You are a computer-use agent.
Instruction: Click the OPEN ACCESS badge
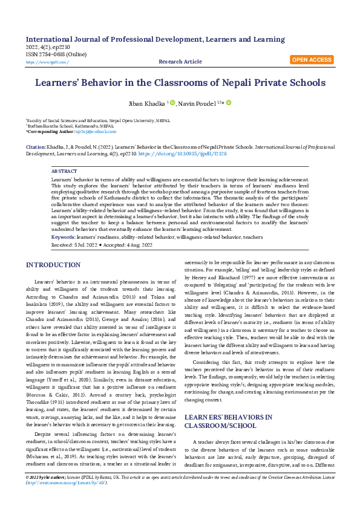coord(312,60)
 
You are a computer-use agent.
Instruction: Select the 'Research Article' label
coord(180,62)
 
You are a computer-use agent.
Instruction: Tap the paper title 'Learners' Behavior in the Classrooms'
coord(180,83)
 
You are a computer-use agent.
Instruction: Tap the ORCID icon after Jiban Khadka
coord(172,103)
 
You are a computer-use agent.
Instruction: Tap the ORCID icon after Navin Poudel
coord(229,103)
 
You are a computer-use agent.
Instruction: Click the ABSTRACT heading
coord(64,172)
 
